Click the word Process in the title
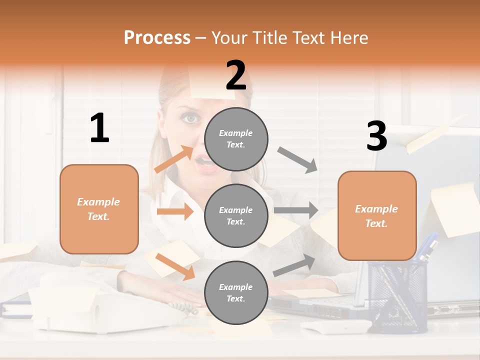point(157,37)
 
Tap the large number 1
point(99,128)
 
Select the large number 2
point(236,75)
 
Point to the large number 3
point(376,136)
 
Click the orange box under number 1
point(99,209)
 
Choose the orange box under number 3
point(377,216)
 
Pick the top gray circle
point(236,139)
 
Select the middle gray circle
point(236,215)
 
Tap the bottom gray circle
point(236,292)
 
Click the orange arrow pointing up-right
point(174,158)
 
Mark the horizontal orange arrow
point(175,211)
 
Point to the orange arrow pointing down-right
point(175,266)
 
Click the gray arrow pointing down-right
point(297,159)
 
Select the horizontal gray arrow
point(296,210)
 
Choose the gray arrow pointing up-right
point(294,265)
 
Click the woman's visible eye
point(189,118)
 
